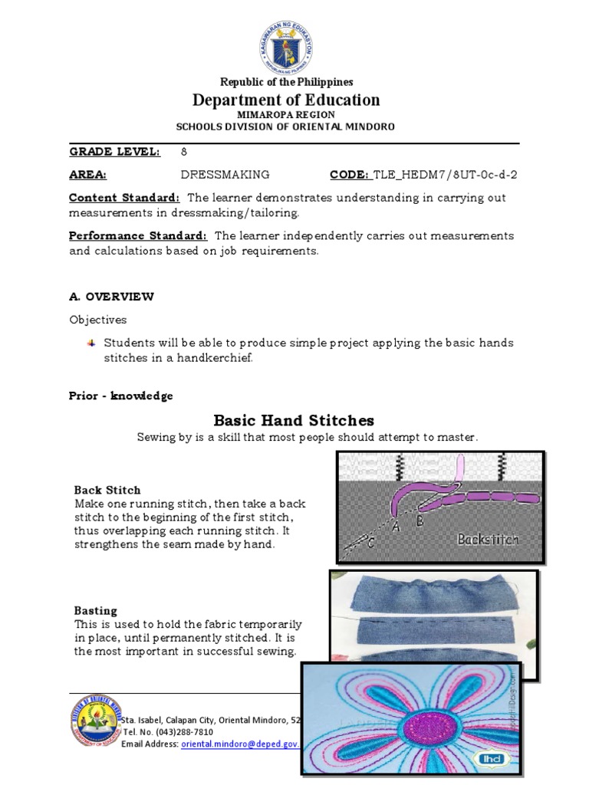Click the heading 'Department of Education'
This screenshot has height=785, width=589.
tap(287, 100)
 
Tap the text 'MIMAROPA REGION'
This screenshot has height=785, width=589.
tap(286, 115)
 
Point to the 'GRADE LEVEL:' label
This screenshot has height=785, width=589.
tap(115, 152)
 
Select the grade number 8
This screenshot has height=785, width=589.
tap(184, 152)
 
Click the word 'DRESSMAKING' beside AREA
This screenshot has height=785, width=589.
tap(225, 175)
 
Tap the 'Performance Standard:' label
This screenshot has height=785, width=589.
tap(138, 235)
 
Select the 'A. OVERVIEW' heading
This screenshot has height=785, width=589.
tap(112, 297)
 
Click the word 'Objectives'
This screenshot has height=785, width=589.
tap(98, 320)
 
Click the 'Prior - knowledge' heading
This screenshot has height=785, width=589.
tap(121, 396)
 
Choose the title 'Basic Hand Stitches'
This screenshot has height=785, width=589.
tap(294, 420)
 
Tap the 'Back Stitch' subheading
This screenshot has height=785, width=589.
tap(107, 490)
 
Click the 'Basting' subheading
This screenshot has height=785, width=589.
tap(96, 611)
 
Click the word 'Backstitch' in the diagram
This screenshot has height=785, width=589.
tap(488, 539)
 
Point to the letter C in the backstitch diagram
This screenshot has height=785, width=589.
tap(370, 544)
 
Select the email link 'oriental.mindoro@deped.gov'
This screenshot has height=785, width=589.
tap(239, 744)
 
